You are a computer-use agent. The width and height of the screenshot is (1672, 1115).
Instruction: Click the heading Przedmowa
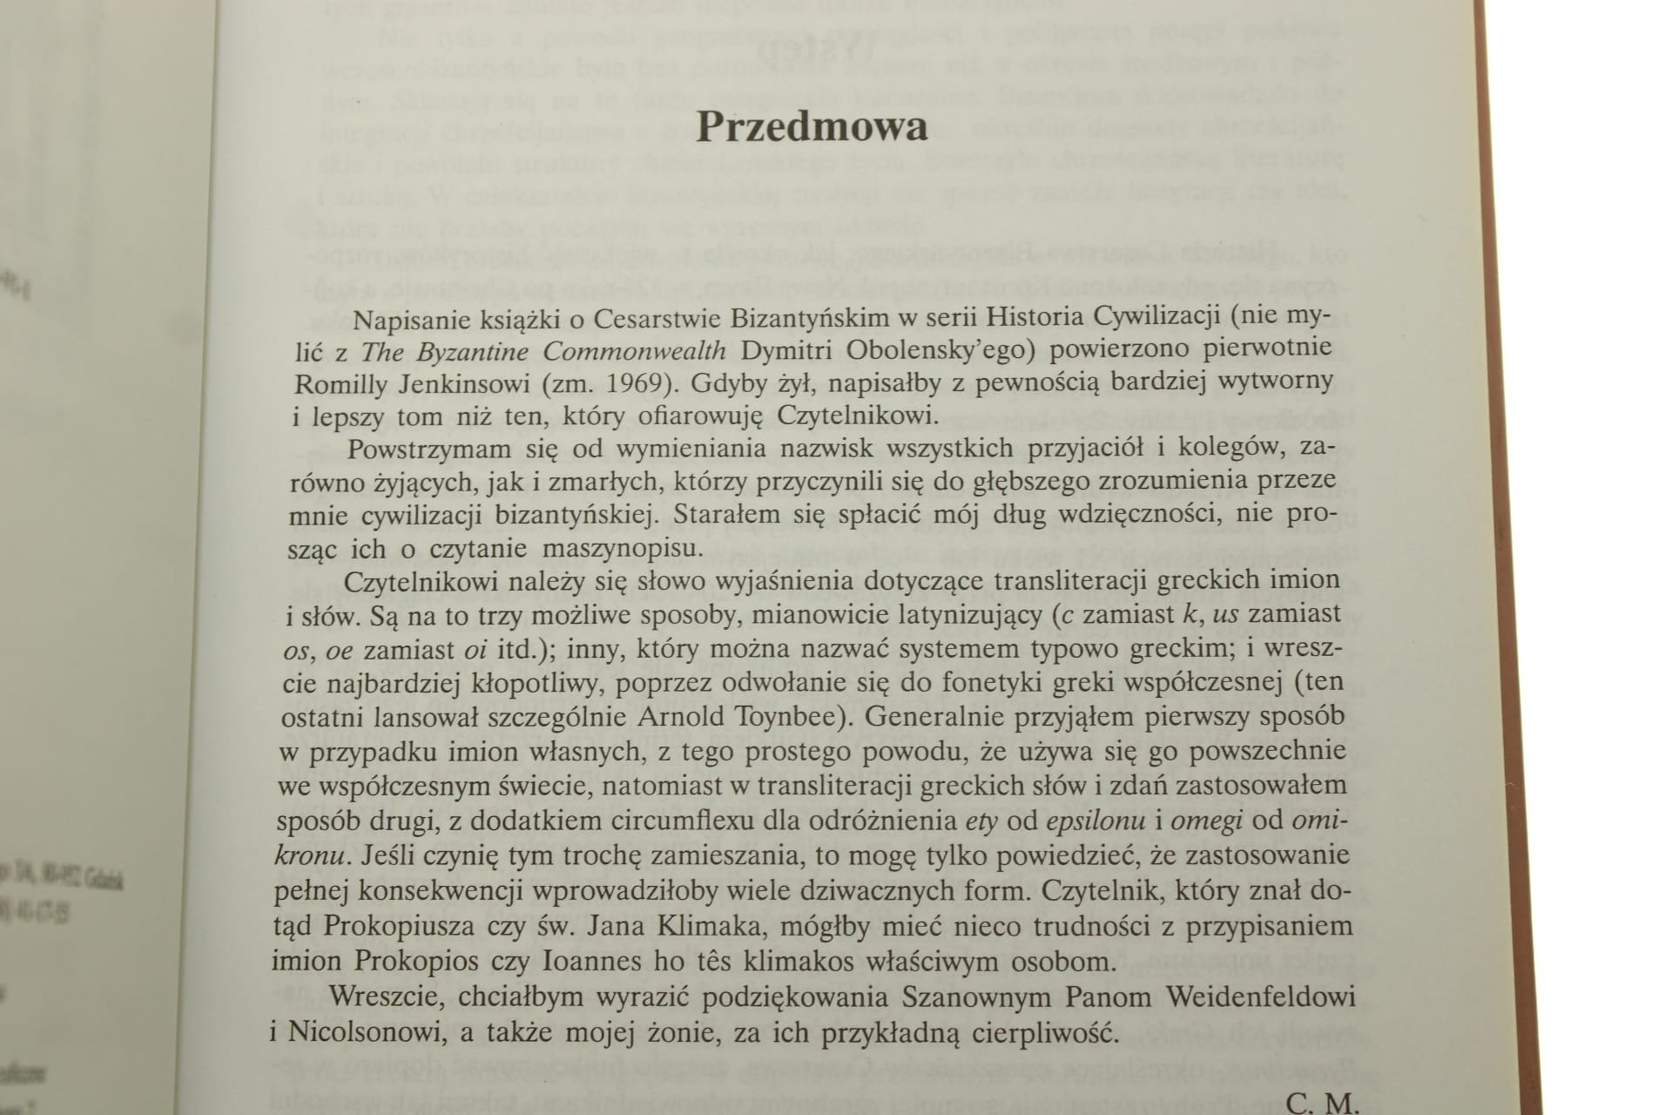point(812,128)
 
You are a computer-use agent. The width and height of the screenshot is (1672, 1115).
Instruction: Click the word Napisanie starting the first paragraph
point(410,319)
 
